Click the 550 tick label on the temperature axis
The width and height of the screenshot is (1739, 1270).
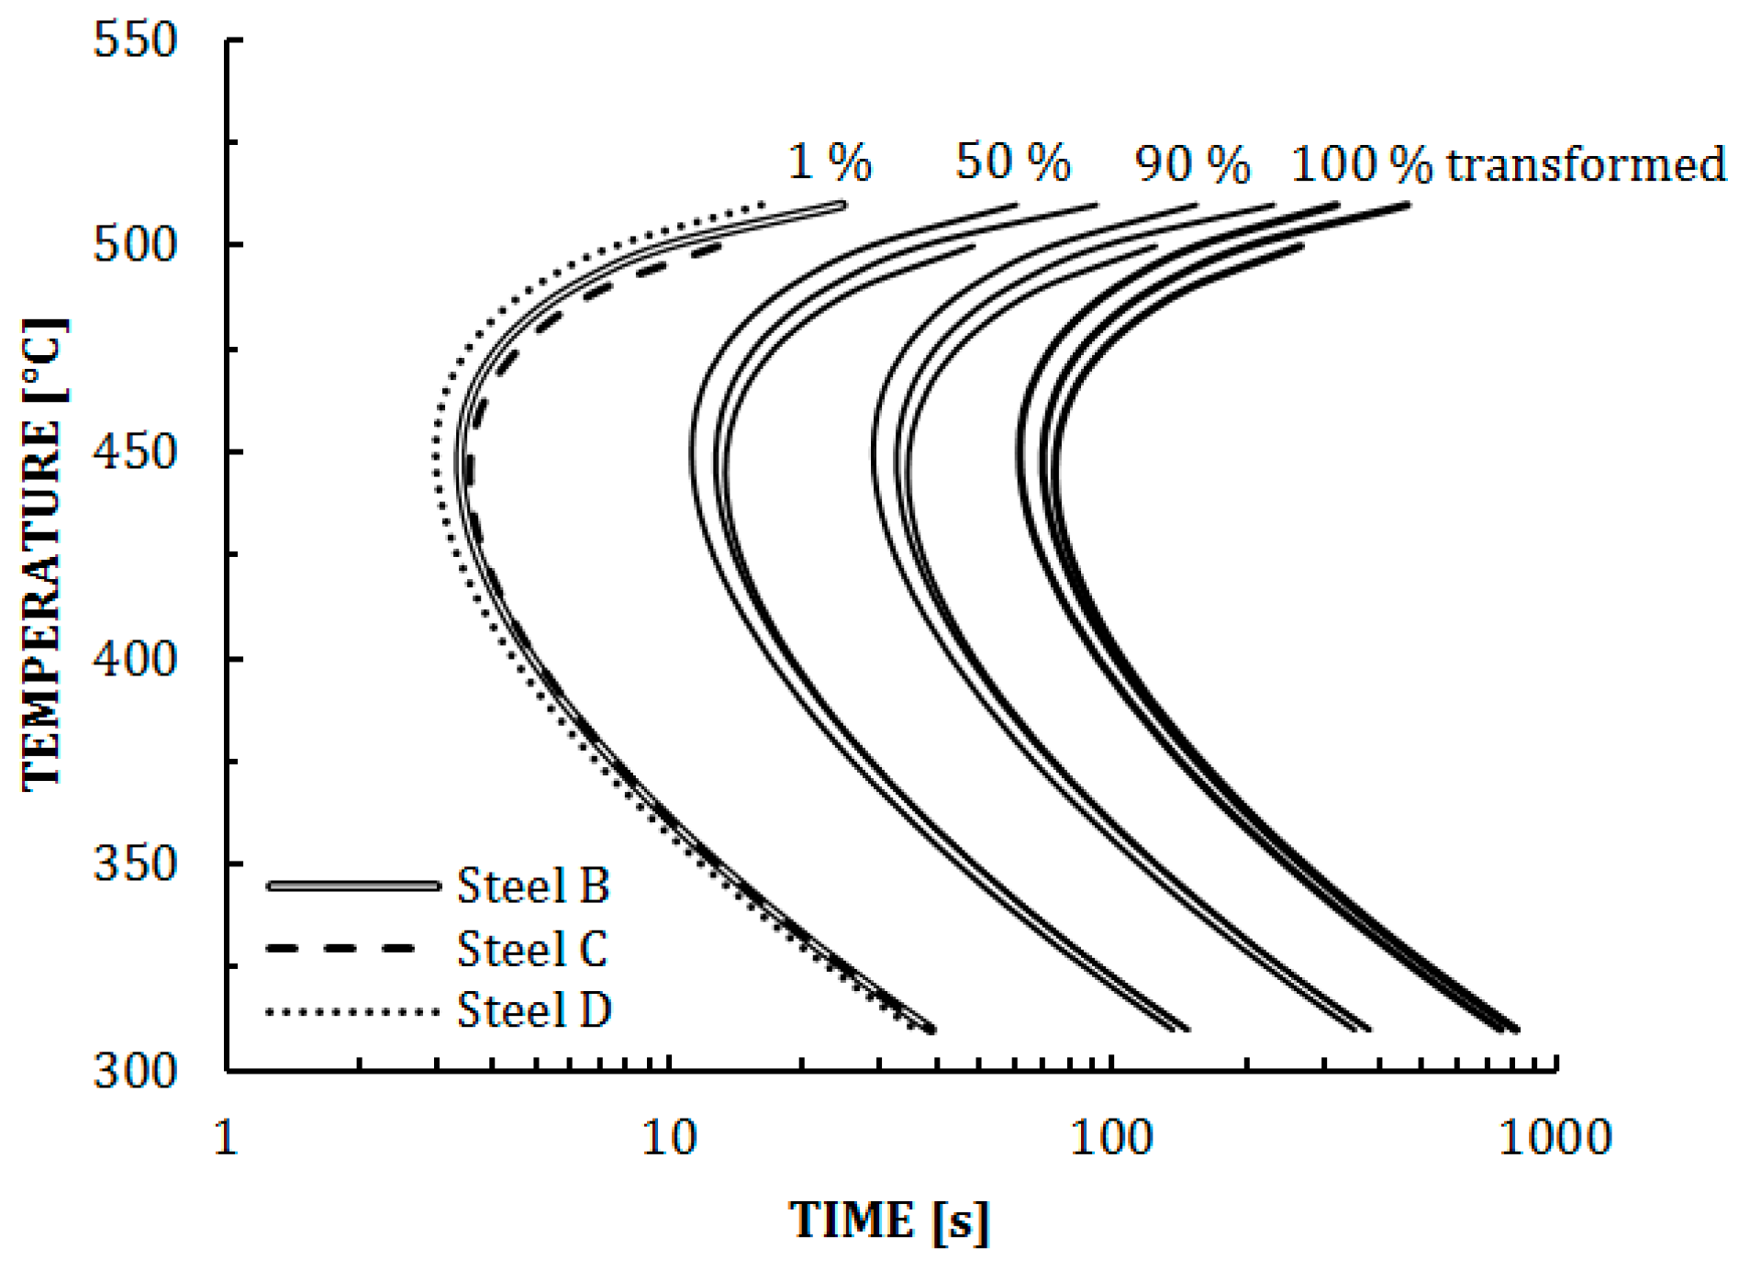(135, 40)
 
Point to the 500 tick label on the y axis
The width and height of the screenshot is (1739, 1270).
(135, 245)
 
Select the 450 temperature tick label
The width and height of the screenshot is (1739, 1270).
(135, 451)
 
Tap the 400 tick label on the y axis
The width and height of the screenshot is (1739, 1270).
(135, 659)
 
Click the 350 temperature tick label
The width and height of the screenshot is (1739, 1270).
(135, 863)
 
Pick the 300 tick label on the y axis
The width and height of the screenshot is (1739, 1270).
(135, 1070)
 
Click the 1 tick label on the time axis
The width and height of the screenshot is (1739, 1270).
(226, 1138)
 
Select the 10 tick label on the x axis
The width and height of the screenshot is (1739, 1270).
(669, 1138)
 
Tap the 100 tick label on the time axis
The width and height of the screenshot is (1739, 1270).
(1111, 1138)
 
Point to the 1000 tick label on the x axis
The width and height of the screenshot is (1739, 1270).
(1555, 1138)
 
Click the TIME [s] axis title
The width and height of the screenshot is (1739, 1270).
(889, 1221)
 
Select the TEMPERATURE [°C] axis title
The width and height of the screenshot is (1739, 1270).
(44, 554)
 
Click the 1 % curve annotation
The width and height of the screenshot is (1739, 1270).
(830, 162)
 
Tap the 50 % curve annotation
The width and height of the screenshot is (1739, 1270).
(1013, 162)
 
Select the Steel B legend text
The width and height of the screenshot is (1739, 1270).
(533, 886)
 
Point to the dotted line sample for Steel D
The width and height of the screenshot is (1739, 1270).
(352, 1012)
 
